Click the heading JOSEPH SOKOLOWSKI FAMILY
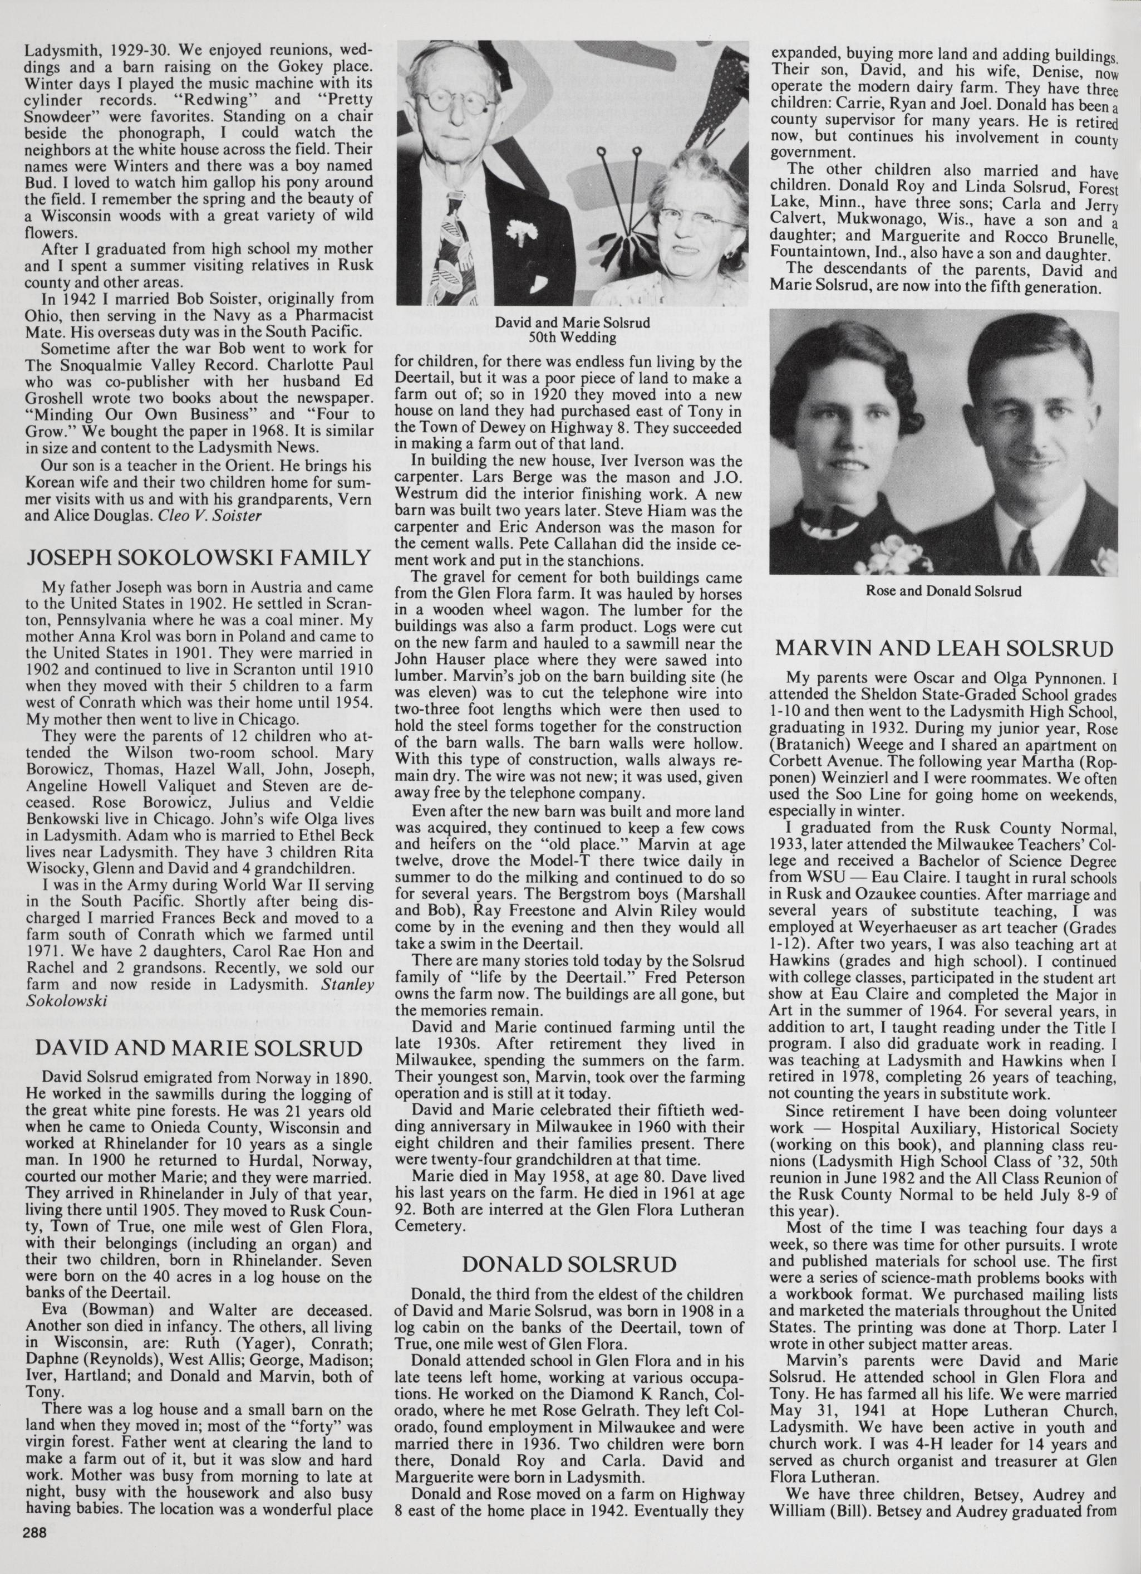point(198,558)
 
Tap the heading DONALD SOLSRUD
point(569,1264)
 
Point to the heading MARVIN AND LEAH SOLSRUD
point(943,648)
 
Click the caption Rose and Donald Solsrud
point(943,592)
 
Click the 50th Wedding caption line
point(572,338)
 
